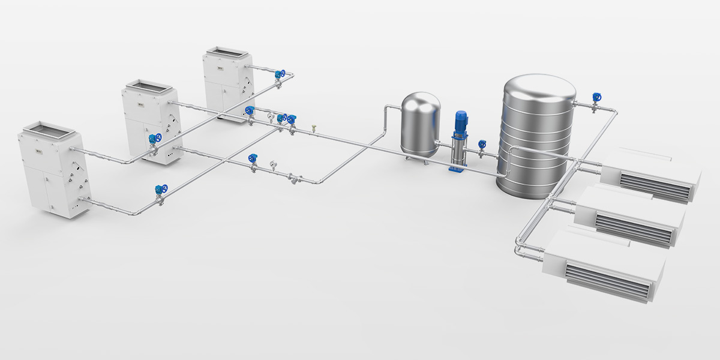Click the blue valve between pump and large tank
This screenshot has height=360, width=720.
click(x=482, y=145)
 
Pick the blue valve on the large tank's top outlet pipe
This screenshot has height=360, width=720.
click(x=596, y=98)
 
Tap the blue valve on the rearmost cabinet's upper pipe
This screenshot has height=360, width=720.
click(x=280, y=74)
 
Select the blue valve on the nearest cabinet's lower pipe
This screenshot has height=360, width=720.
click(x=158, y=189)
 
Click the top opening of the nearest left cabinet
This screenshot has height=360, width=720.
click(x=47, y=127)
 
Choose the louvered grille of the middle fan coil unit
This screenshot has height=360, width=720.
click(x=634, y=229)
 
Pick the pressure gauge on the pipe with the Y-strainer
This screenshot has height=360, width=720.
click(x=274, y=163)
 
